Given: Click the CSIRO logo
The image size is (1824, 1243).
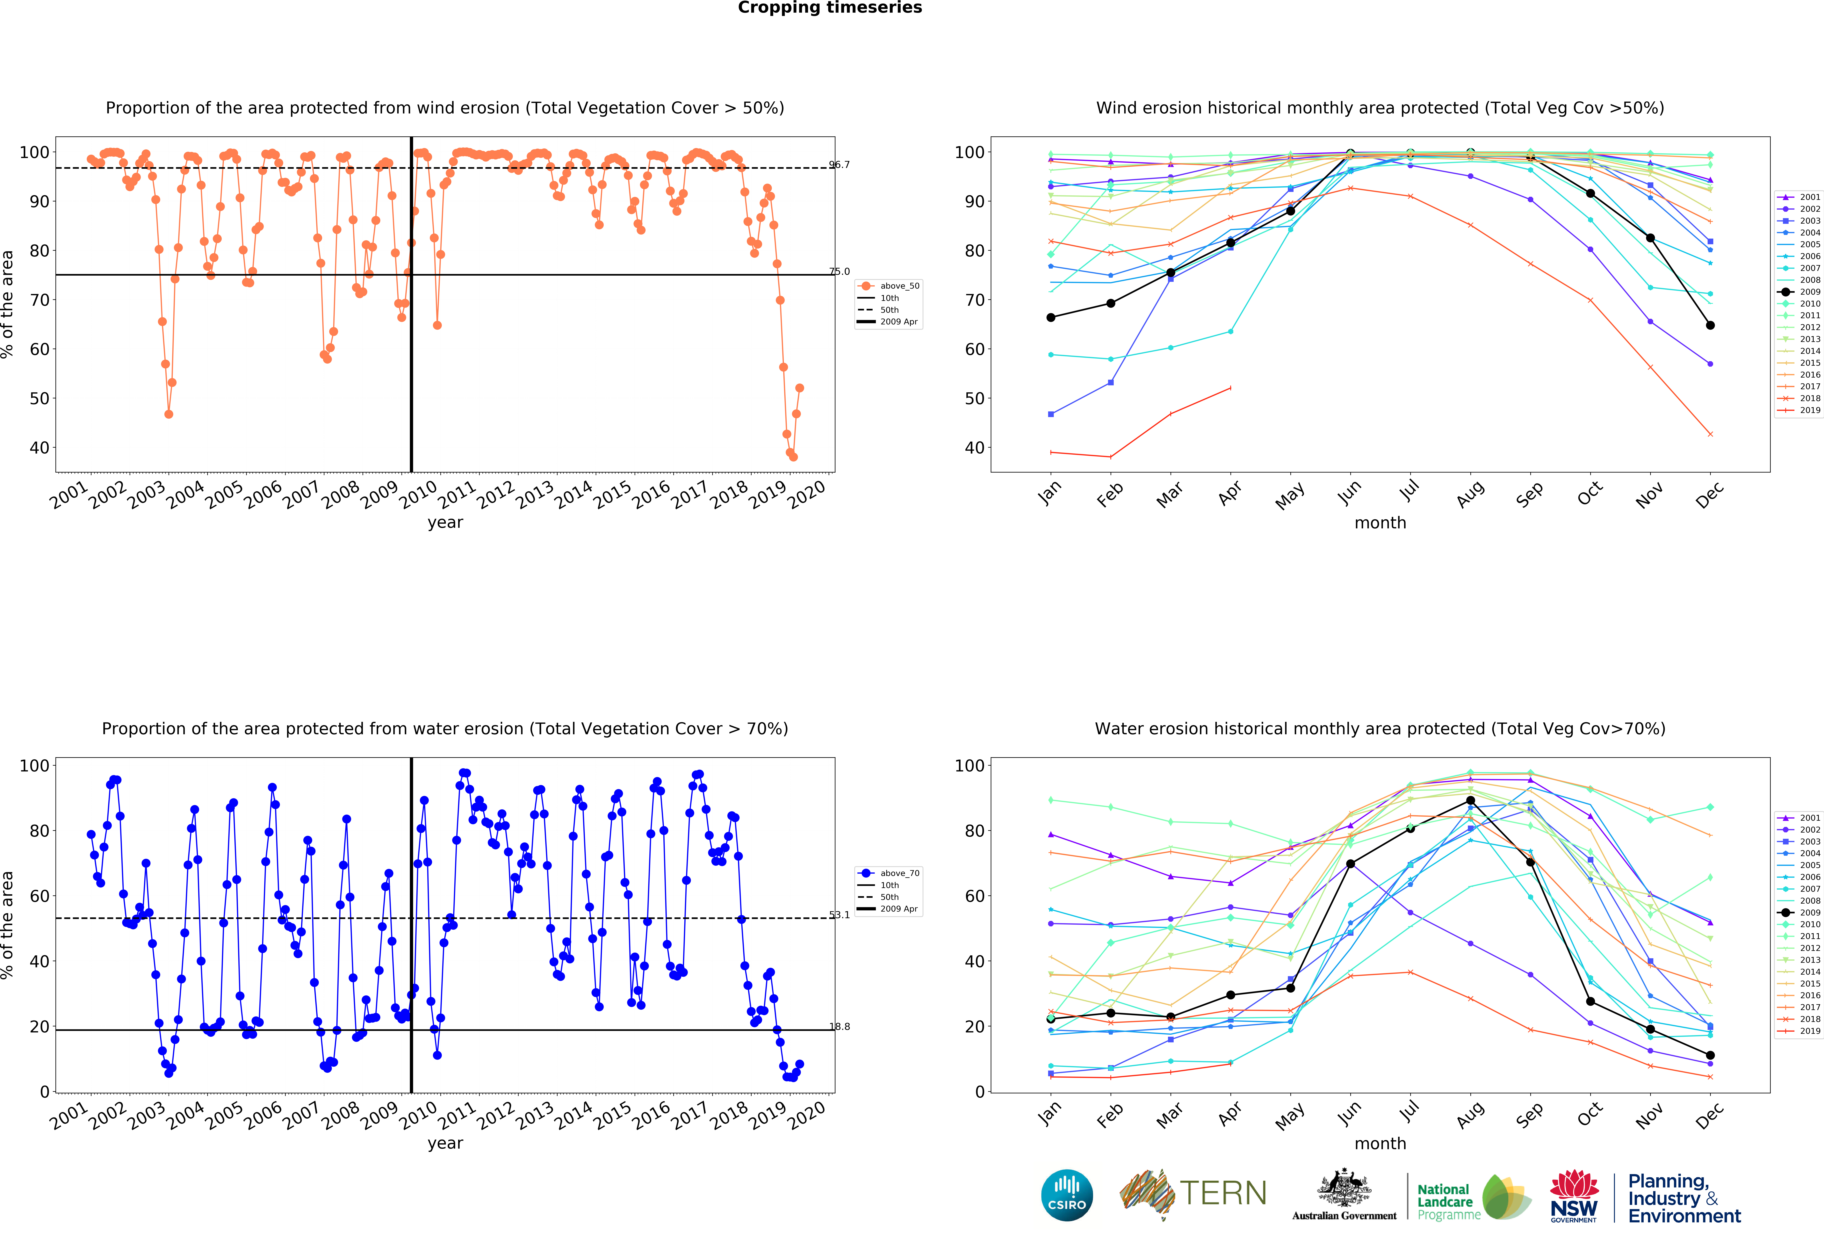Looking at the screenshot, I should [1067, 1196].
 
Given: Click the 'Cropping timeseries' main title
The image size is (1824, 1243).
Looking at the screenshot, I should [830, 8].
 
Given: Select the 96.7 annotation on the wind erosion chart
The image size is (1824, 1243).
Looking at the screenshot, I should [839, 165].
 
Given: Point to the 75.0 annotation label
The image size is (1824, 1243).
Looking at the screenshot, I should [839, 271].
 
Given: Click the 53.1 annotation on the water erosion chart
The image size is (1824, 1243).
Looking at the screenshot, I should [839, 915].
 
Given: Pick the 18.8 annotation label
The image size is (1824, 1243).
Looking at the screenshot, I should [839, 1026].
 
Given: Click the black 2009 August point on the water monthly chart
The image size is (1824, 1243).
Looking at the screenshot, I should [1470, 800].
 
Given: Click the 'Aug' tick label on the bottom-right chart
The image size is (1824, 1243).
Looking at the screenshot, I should [1470, 1114].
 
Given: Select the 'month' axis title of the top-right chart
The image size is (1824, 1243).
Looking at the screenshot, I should [1380, 523].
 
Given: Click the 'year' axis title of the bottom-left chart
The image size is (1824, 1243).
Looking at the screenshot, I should [445, 1143].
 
